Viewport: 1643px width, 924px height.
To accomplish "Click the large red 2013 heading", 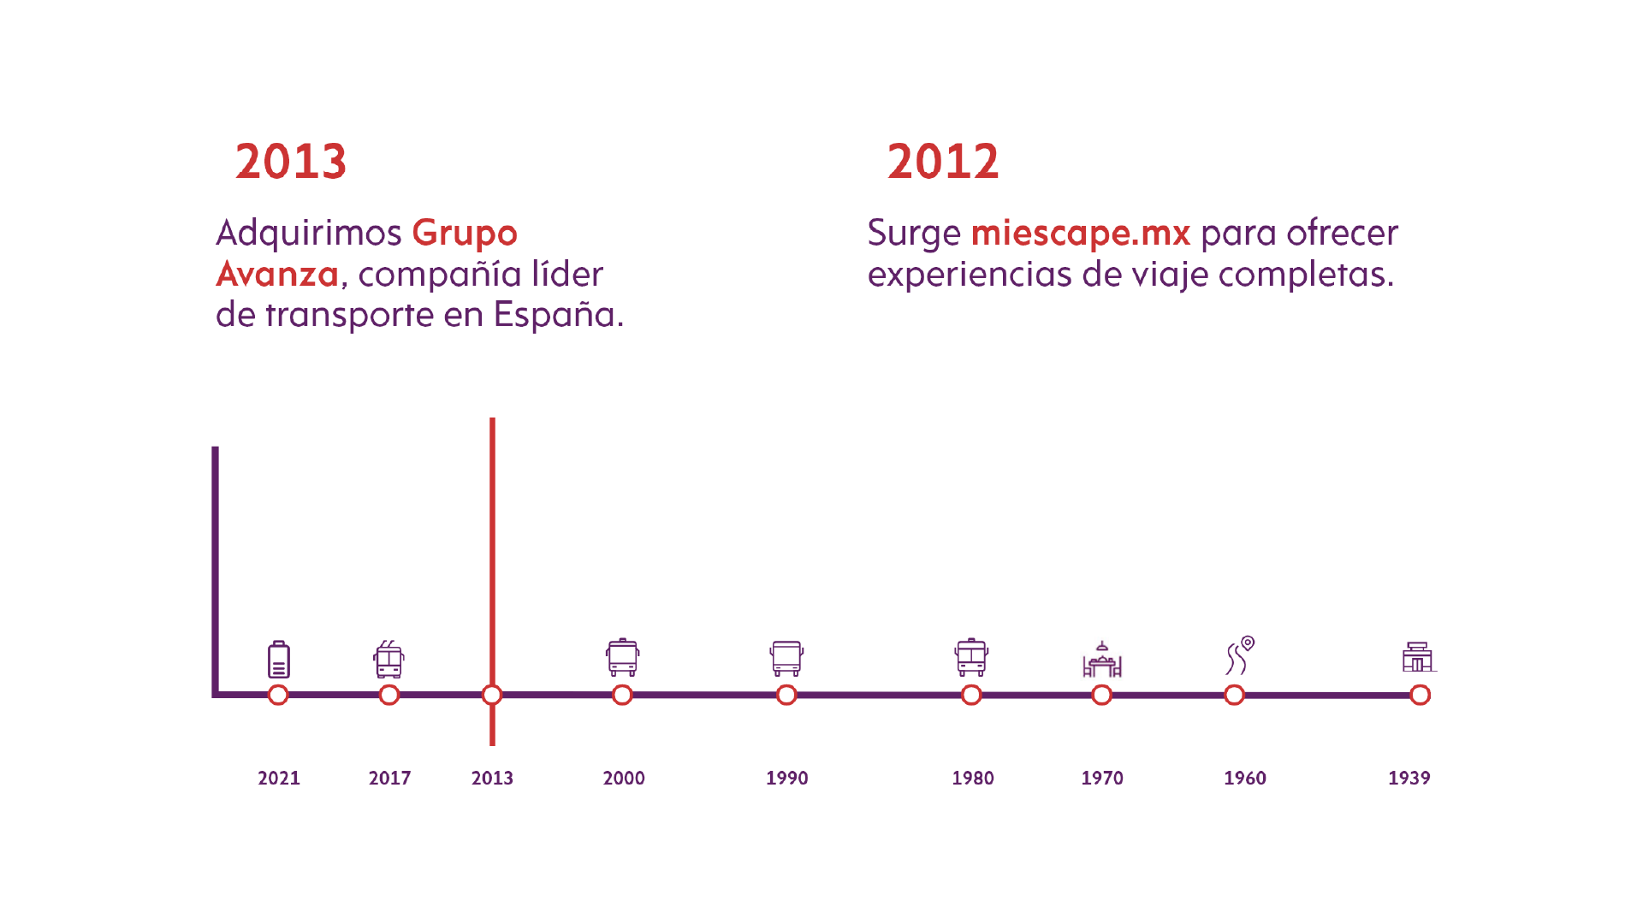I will [x=291, y=162].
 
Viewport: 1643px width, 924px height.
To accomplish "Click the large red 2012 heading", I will [x=943, y=162].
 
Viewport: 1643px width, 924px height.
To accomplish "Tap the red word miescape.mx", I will [x=1080, y=233].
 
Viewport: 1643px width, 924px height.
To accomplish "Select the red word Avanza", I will [x=277, y=274].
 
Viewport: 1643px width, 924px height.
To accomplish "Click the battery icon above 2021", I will [x=279, y=659].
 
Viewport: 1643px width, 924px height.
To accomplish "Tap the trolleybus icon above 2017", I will [x=389, y=659].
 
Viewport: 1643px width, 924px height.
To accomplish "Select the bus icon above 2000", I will [x=622, y=657].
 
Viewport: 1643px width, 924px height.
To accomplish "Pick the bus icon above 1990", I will [x=786, y=658].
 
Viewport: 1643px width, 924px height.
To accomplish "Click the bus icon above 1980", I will [x=971, y=657].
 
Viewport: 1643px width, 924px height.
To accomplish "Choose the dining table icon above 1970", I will [x=1102, y=660].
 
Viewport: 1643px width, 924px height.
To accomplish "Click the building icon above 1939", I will [x=1418, y=657].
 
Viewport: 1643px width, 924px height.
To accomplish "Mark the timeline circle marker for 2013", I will [x=492, y=695].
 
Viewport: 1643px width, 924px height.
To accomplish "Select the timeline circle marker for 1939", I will [x=1420, y=695].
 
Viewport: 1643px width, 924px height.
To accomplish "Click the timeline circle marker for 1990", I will [x=786, y=695].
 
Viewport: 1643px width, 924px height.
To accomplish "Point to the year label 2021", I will [x=279, y=778].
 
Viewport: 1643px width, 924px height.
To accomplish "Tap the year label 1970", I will [x=1102, y=778].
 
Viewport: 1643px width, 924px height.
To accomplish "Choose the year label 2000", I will [x=624, y=778].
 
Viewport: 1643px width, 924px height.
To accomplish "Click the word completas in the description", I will [x=1305, y=274].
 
